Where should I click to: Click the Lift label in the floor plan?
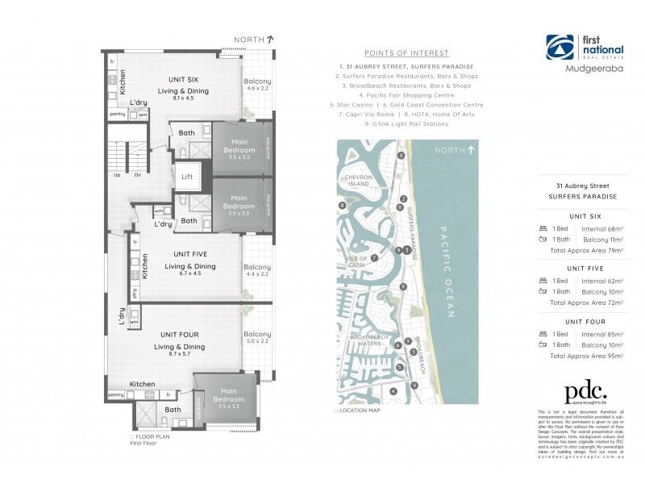pyautogui.click(x=187, y=176)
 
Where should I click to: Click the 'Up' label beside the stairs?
pyautogui.click(x=117, y=175)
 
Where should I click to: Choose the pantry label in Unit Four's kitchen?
pyautogui.click(x=116, y=394)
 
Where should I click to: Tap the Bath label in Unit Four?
pyautogui.click(x=173, y=409)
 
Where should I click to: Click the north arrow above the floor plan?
pyautogui.click(x=270, y=38)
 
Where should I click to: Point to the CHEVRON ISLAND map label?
pyautogui.click(x=357, y=181)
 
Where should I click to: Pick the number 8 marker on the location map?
pyautogui.click(x=343, y=206)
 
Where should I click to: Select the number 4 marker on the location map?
pyautogui.click(x=393, y=391)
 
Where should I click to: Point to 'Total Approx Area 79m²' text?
pyautogui.click(x=585, y=250)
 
